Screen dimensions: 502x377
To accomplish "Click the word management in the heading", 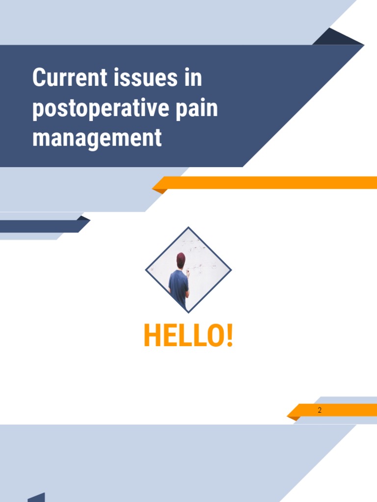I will (x=97, y=138).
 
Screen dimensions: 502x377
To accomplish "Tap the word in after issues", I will (x=193, y=78).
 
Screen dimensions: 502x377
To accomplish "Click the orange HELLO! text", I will (x=188, y=336).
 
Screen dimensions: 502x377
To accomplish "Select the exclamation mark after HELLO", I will (x=229, y=336).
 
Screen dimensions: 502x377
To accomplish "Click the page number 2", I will (x=320, y=410).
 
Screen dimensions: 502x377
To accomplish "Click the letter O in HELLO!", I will (x=215, y=336).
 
